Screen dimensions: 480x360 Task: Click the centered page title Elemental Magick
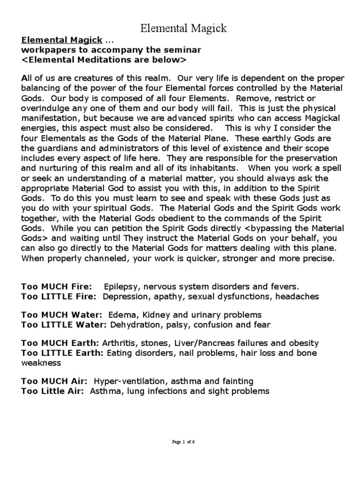coord(184,29)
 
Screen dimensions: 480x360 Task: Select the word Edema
coord(121,315)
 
